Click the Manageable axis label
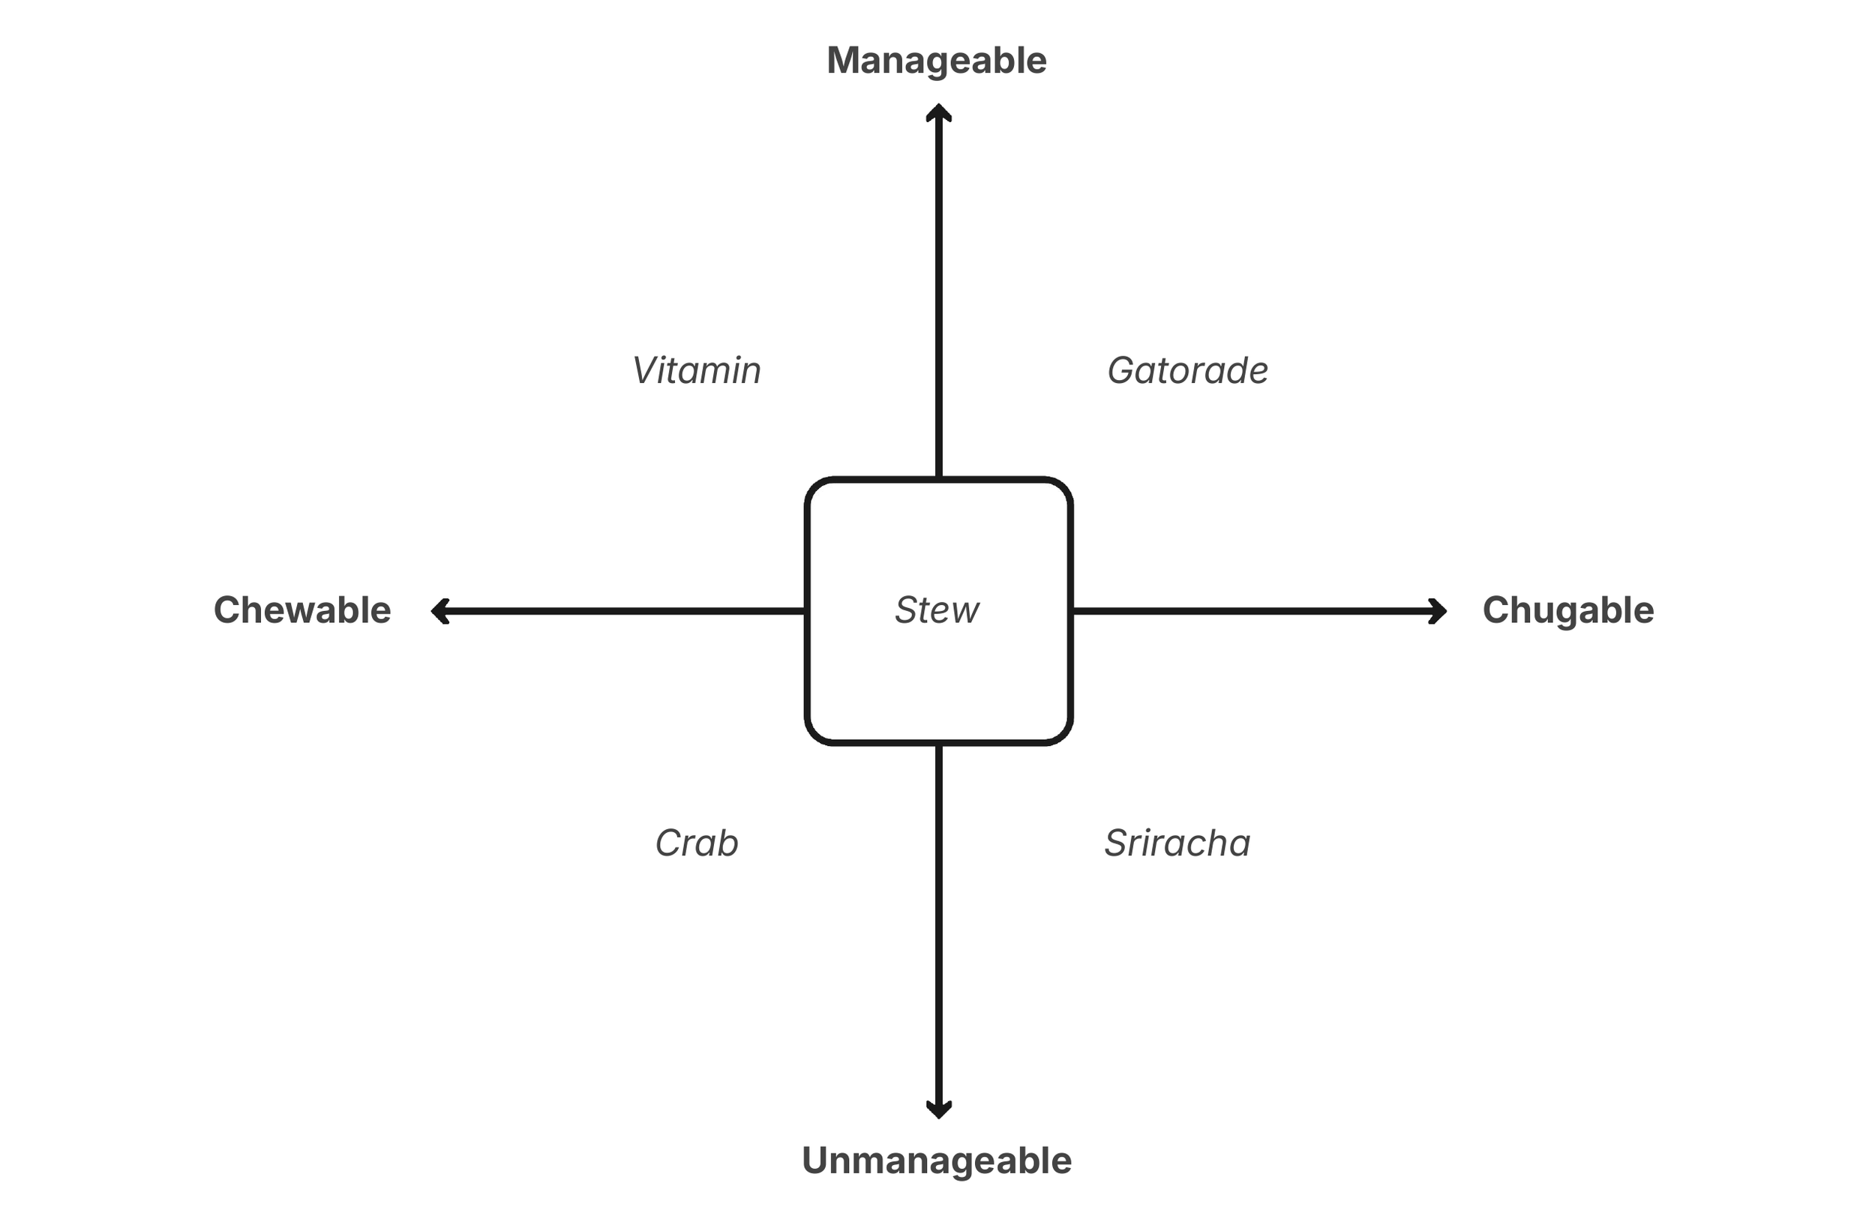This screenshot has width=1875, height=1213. [x=936, y=61]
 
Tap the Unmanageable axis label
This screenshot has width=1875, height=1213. [x=936, y=1161]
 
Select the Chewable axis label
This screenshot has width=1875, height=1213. [x=301, y=610]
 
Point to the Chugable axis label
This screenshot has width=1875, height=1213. [x=1567, y=610]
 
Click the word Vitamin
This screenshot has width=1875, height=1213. [x=697, y=370]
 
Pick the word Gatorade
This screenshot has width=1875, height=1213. [x=1187, y=370]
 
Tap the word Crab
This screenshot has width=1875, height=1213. [x=697, y=843]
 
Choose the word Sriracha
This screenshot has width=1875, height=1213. [x=1177, y=843]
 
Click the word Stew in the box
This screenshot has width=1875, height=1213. [x=937, y=610]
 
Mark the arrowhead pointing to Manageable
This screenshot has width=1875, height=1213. [x=938, y=112]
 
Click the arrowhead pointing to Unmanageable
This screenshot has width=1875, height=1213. [x=938, y=1109]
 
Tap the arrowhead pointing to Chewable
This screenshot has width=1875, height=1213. [x=439, y=611]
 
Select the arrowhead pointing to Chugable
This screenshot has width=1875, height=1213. [x=1438, y=611]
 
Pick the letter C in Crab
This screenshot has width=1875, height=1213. [x=669, y=843]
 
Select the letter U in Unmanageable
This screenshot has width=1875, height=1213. [x=817, y=1161]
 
